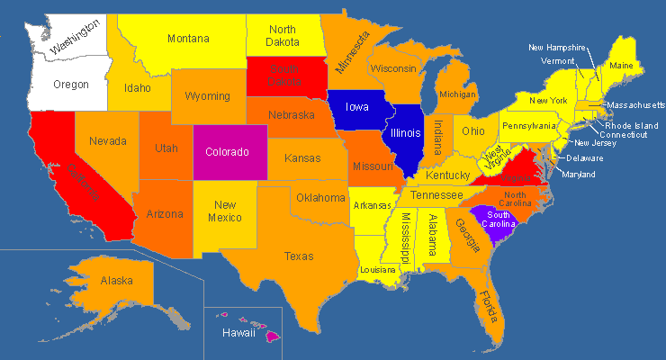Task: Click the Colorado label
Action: (227, 152)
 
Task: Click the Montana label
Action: (188, 39)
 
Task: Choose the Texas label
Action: (299, 256)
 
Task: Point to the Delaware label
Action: (585, 158)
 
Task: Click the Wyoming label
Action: (207, 96)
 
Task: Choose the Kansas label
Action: (302, 159)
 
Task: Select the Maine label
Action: (621, 65)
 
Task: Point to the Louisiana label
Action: (378, 269)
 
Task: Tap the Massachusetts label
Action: (635, 105)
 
